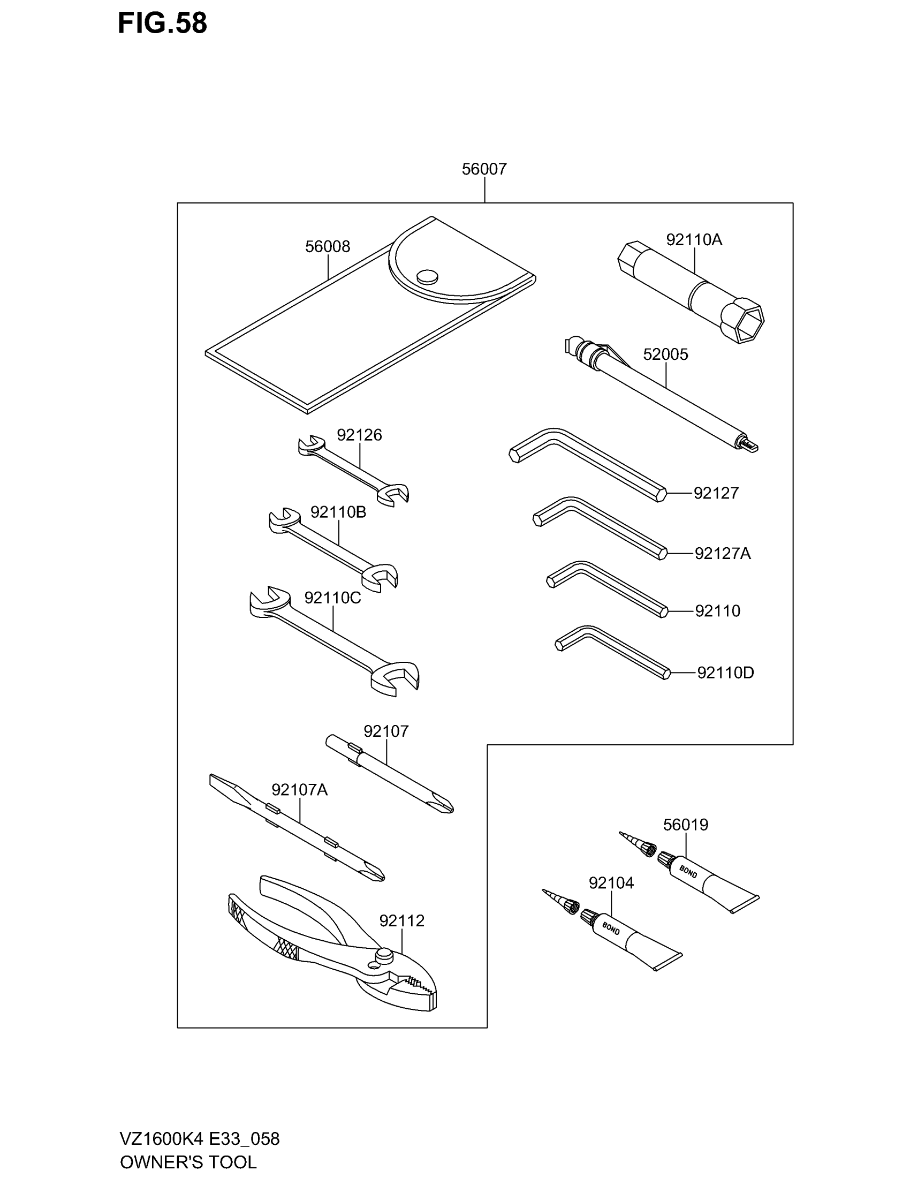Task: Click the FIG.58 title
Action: tap(162, 24)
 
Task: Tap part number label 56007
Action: tap(484, 169)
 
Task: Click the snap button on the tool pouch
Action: tap(427, 276)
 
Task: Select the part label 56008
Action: tap(327, 246)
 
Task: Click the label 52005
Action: tap(665, 354)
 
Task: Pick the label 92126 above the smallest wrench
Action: tap(359, 435)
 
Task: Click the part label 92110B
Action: tap(338, 512)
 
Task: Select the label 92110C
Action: tap(332, 598)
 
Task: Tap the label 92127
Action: tap(716, 493)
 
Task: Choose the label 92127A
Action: tap(723, 554)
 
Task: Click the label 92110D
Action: tap(725, 673)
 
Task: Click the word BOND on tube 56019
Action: tap(688, 871)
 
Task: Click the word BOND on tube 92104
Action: tap(611, 929)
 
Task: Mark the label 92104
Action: tap(611, 883)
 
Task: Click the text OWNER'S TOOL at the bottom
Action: tap(188, 1161)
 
